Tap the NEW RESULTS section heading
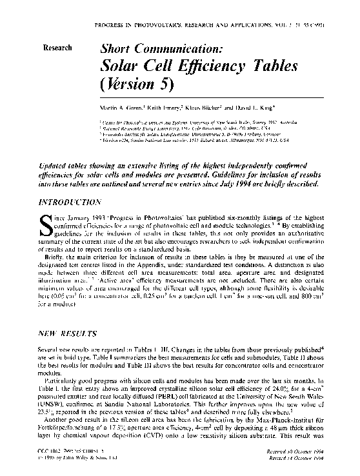tap(66, 336)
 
